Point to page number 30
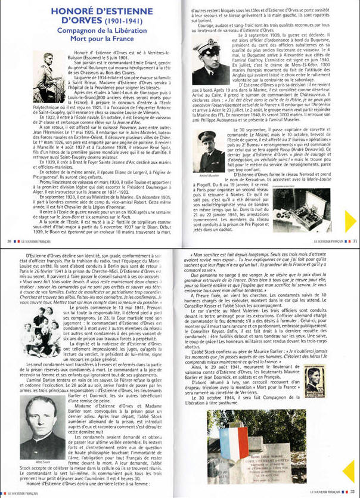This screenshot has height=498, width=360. [x=8, y=241]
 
